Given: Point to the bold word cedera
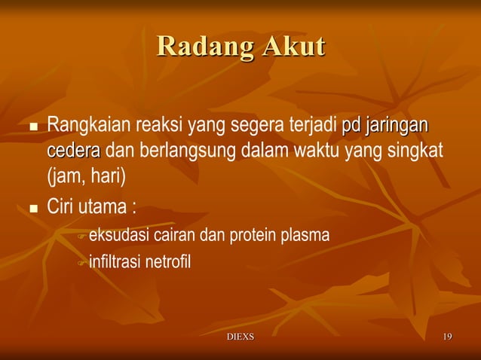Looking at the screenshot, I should tap(73, 151).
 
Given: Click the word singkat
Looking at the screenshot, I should tap(415, 151).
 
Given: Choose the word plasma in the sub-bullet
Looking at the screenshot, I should tap(305, 236).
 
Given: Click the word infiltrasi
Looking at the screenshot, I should tap(117, 263).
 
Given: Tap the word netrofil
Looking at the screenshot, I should tap(170, 263).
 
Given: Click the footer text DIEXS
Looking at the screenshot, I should tap(240, 336).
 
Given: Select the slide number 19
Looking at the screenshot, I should tap(447, 336).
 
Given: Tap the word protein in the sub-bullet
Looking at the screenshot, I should tap(253, 236).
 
